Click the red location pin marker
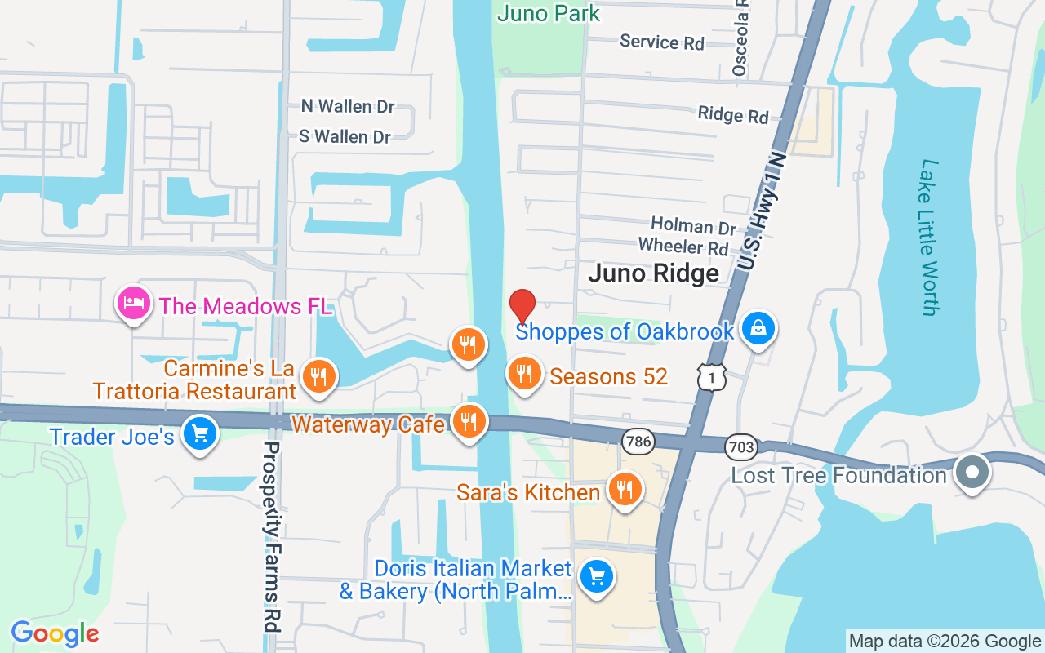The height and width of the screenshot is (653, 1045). (522, 307)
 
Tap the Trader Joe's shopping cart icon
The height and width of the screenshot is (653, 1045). (200, 433)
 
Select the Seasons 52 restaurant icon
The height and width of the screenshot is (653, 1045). (525, 373)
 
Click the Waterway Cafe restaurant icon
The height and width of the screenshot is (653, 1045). (468, 422)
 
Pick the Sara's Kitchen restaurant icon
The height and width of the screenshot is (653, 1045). (625, 490)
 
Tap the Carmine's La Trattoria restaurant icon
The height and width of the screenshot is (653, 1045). (319, 376)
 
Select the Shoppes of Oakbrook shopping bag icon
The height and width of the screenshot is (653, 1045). (758, 329)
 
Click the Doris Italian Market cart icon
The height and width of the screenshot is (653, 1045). (597, 577)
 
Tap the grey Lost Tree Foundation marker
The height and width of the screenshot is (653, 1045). (972, 473)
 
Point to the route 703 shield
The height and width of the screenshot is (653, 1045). (740, 446)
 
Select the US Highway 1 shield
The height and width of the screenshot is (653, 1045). (712, 376)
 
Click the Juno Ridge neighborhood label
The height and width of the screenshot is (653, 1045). (654, 273)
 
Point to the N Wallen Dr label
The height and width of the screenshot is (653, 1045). (348, 106)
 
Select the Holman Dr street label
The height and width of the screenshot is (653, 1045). (693, 224)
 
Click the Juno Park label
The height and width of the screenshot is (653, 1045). (548, 13)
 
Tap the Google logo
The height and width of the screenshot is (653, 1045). (55, 633)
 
